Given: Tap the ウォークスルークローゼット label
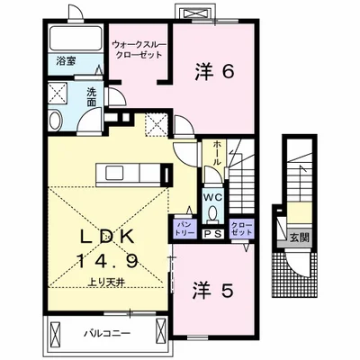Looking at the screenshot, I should pos(138,47).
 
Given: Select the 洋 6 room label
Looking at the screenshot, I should pos(215,69).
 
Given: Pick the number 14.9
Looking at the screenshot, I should pos(112,262).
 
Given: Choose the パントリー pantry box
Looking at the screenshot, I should pos(183,229).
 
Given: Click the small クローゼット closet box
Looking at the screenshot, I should pos(242,229).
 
